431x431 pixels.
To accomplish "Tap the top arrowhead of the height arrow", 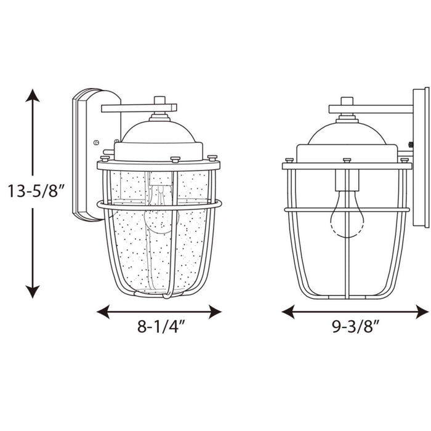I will pos(33,95).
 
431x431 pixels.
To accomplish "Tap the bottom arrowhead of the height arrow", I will pos(33,292).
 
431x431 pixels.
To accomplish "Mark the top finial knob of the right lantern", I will pos(347,100).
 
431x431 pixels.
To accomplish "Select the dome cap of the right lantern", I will pos(347,132).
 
